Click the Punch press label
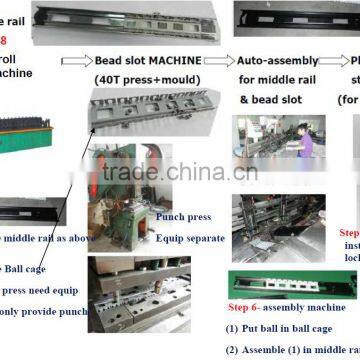pyautogui.click(x=184, y=216)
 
